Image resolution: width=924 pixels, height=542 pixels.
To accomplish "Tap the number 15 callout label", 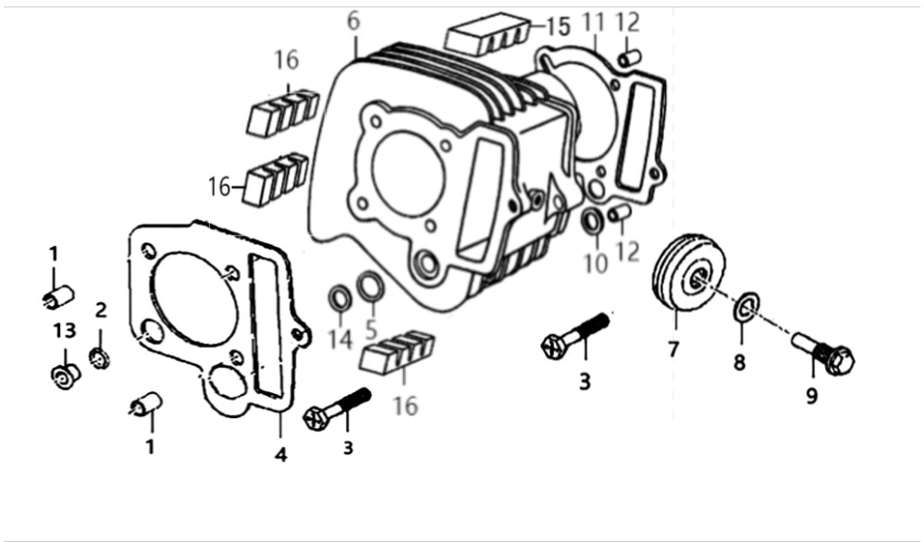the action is (558, 27).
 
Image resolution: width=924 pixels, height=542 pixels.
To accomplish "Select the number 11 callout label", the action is (594, 22).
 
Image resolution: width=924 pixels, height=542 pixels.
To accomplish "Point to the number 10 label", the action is (595, 264).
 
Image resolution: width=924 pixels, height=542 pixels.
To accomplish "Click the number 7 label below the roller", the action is (673, 349).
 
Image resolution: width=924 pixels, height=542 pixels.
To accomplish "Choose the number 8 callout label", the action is (740, 363).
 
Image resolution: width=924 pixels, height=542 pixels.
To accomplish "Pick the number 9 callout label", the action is (812, 397).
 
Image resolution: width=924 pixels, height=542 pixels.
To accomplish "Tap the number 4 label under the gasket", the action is (280, 454).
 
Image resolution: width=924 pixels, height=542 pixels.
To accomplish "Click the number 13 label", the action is (64, 331).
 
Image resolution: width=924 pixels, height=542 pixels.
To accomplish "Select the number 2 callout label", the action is (101, 310).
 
